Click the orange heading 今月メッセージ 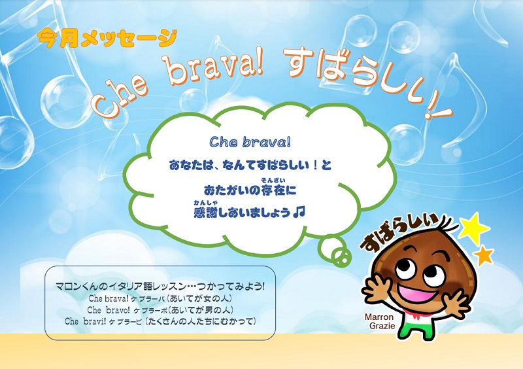[107, 39]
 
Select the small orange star [484, 256]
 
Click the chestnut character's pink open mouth [417, 292]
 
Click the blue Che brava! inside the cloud [250, 142]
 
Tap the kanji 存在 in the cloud [274, 190]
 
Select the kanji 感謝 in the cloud [205, 213]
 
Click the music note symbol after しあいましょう [299, 212]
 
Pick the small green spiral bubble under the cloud [341, 258]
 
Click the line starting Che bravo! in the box [160, 310]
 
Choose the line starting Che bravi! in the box [160, 321]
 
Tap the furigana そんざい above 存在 [273, 181]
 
